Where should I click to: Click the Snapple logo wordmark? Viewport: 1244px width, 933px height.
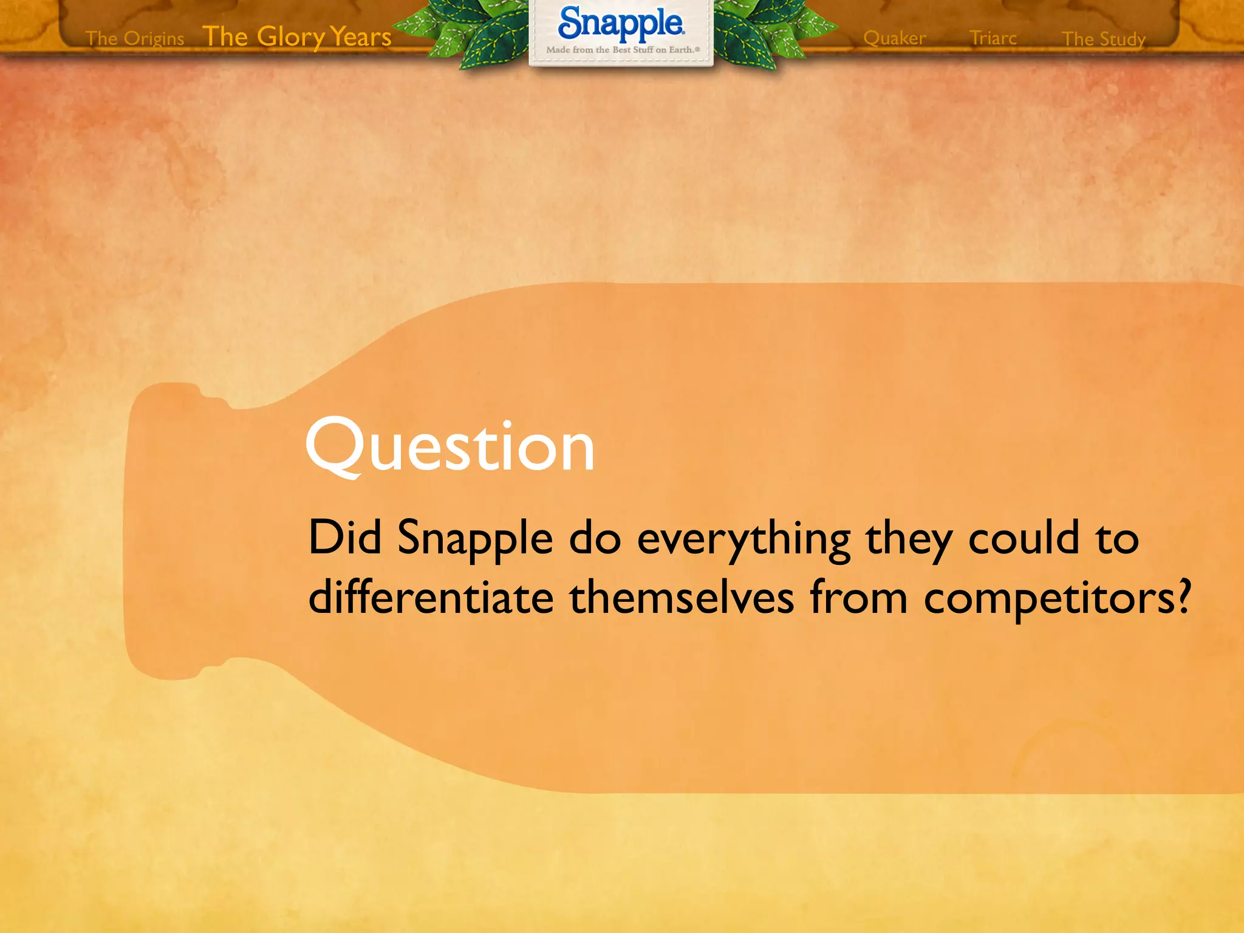[621, 24]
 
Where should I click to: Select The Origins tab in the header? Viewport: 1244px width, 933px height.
[135, 38]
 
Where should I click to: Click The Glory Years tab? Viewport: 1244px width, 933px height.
[296, 37]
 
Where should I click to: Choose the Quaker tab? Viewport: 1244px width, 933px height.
[894, 38]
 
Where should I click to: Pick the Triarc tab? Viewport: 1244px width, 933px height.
[993, 38]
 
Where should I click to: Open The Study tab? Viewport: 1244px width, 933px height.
[1103, 39]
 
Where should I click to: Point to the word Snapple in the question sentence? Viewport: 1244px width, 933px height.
[475, 539]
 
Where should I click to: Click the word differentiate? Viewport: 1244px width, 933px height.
[431, 597]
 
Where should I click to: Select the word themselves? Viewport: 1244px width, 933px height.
[681, 597]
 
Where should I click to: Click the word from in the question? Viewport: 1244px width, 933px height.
[858, 597]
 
